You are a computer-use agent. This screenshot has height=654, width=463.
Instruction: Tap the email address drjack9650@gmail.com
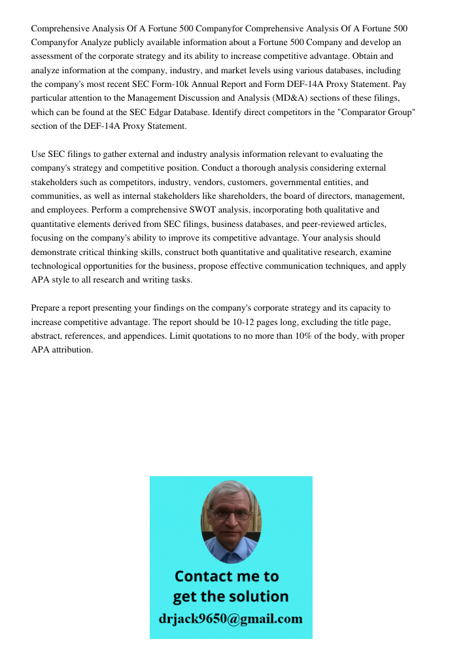[230, 619]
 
